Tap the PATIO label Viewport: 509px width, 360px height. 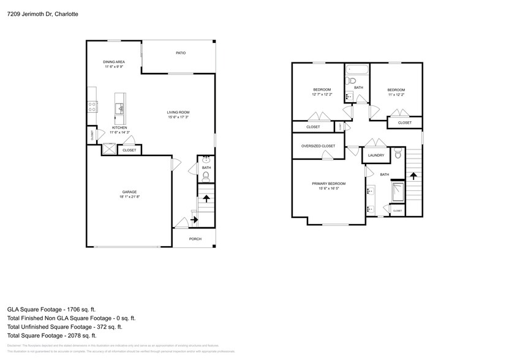(x=181, y=53)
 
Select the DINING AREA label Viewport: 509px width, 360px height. (x=114, y=62)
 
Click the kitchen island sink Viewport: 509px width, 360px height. (x=121, y=109)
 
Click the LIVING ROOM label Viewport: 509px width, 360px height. (x=179, y=112)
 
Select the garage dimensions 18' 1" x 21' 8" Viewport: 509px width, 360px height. (x=129, y=197)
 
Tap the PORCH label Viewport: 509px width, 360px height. (x=195, y=239)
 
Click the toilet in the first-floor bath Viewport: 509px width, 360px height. (x=206, y=176)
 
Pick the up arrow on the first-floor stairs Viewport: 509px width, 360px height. (x=206, y=199)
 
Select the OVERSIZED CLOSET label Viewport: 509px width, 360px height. (x=318, y=146)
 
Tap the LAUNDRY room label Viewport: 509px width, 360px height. (x=376, y=156)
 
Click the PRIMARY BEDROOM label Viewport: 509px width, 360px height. (x=328, y=184)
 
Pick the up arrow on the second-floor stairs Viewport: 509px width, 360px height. (x=413, y=176)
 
